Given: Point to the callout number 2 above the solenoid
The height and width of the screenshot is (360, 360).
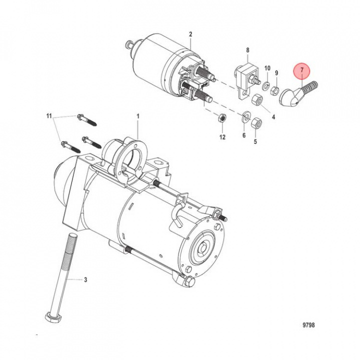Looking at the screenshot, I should (190, 34).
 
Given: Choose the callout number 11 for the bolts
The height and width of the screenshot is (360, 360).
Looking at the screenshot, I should (49, 116).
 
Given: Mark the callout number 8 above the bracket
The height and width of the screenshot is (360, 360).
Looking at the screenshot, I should (246, 50).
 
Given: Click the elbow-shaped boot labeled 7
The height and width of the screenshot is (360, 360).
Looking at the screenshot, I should (289, 94).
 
